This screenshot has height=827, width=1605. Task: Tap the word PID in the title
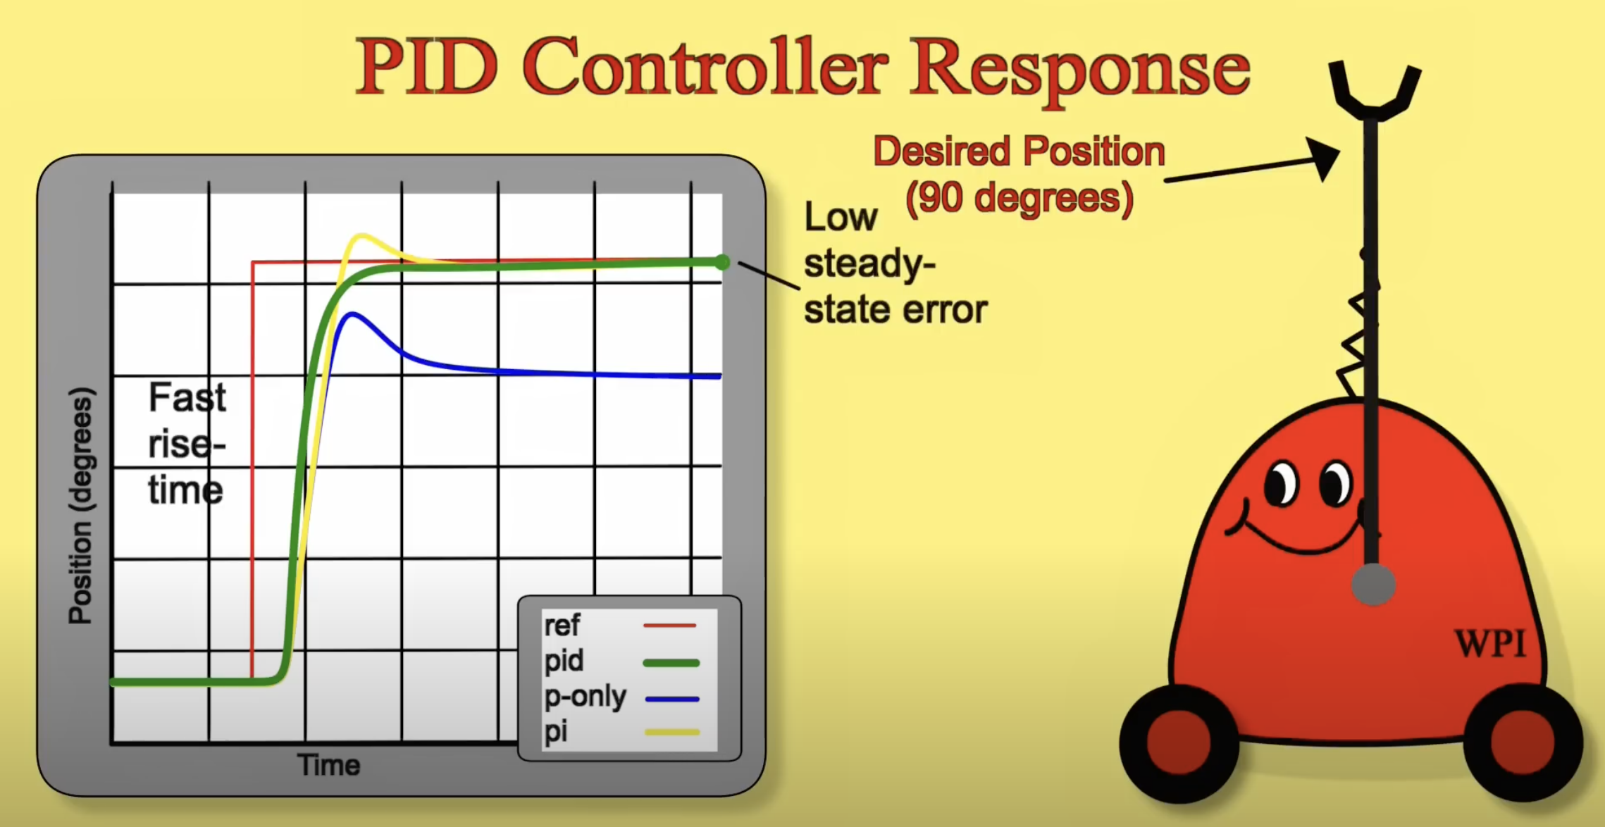427,68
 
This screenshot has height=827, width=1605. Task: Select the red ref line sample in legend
669,625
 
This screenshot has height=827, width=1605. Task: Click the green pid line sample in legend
671,663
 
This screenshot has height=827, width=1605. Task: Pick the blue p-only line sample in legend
672,699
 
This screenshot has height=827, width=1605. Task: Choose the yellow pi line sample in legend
672,733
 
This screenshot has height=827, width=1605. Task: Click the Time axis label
328,765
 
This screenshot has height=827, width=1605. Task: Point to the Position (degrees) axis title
81,506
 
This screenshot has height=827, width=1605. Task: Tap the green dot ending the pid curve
721,263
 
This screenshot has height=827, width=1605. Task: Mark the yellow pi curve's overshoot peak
361,237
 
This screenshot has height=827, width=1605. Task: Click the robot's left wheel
1179,743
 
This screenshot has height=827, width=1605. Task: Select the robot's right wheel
1523,742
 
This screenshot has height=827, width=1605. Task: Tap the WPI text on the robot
1490,643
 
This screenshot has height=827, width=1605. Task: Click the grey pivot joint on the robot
1373,585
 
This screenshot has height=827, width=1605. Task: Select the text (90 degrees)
1020,198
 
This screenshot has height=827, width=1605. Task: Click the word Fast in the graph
187,397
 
